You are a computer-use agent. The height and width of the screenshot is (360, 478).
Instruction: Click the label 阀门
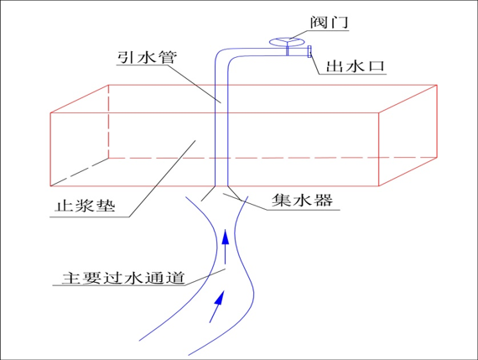pyautogui.click(x=330, y=22)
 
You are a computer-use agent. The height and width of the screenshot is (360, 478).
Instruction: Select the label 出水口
pyautogui.click(x=356, y=66)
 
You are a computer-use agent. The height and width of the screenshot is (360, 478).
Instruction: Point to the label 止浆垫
pyautogui.click(x=85, y=206)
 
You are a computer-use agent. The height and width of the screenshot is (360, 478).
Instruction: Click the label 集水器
pyautogui.click(x=302, y=200)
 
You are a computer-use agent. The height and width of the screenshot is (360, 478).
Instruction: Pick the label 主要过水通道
pyautogui.click(x=123, y=278)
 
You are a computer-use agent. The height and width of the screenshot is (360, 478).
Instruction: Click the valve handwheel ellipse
pyautogui.click(x=287, y=42)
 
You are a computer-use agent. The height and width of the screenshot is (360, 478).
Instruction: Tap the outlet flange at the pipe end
pyautogui.click(x=309, y=51)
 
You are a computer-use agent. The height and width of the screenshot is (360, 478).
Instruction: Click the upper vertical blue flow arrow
pyautogui.click(x=226, y=247)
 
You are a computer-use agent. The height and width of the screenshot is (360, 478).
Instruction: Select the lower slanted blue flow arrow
pyautogui.click(x=216, y=306)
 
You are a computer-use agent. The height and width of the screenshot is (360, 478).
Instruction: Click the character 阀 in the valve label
pyautogui.click(x=319, y=22)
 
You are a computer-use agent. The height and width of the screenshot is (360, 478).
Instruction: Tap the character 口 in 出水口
pyautogui.click(x=377, y=66)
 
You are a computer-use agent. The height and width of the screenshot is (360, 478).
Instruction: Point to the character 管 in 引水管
pyautogui.click(x=168, y=57)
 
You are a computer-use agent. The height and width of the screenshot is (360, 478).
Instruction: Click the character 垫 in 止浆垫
pyautogui.click(x=106, y=206)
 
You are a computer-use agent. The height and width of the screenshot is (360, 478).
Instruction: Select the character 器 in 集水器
pyautogui.click(x=323, y=200)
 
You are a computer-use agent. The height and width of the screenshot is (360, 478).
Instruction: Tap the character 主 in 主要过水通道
pyautogui.click(x=71, y=278)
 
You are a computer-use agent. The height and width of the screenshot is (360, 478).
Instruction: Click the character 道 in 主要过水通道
pyautogui.click(x=175, y=278)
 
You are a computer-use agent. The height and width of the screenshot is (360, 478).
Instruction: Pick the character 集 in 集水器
pyautogui.click(x=282, y=200)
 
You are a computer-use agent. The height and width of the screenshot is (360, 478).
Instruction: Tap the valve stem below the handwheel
pyautogui.click(x=287, y=50)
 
